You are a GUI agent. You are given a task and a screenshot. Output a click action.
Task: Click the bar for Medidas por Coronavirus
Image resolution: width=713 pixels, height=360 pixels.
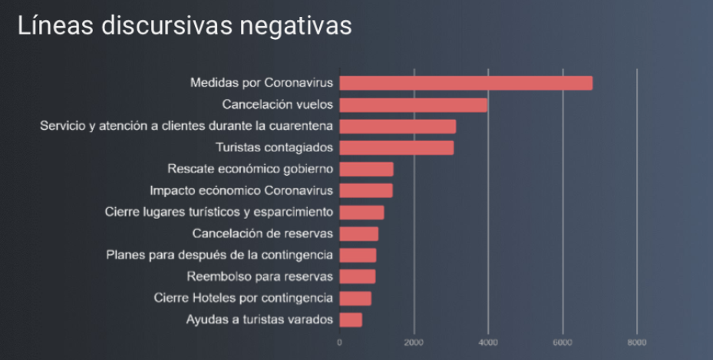pyautogui.click(x=465, y=83)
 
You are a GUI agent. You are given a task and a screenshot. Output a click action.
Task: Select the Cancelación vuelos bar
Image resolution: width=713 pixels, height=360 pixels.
pyautogui.click(x=413, y=104)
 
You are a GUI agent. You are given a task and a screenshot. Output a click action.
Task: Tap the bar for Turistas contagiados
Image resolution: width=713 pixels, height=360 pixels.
pyautogui.click(x=396, y=147)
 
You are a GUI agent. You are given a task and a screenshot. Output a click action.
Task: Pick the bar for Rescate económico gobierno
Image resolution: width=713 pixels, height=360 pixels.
pyautogui.click(x=366, y=169)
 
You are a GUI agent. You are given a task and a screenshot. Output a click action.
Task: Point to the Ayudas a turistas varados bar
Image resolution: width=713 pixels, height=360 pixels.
pyautogui.click(x=350, y=319)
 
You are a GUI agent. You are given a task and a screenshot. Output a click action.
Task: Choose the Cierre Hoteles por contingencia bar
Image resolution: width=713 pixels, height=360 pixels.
pyautogui.click(x=355, y=298)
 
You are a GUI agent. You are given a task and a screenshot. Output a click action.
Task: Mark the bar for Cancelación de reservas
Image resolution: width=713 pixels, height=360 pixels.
pyautogui.click(x=358, y=233)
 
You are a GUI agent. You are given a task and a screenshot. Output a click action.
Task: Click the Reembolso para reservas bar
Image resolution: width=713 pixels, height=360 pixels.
pyautogui.click(x=357, y=276)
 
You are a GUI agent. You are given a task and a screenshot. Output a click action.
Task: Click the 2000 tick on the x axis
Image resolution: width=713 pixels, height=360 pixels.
pyautogui.click(x=414, y=342)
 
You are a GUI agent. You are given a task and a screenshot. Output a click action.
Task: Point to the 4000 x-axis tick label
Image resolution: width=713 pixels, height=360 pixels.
pyautogui.click(x=488, y=342)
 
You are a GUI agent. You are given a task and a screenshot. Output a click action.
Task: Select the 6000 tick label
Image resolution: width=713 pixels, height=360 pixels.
pyautogui.click(x=563, y=342)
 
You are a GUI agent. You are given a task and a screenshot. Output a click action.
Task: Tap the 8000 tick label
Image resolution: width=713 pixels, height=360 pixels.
pyautogui.click(x=636, y=342)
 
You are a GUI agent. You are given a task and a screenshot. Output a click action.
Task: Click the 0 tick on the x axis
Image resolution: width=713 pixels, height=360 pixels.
pyautogui.click(x=339, y=342)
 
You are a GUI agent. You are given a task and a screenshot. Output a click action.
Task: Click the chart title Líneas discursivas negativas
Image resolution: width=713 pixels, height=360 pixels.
pyautogui.click(x=184, y=26)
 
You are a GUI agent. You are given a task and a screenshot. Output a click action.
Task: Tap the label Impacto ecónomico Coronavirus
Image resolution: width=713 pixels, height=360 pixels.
pyautogui.click(x=241, y=190)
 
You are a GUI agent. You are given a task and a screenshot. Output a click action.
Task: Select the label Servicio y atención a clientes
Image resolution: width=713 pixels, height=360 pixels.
pyautogui.click(x=187, y=126)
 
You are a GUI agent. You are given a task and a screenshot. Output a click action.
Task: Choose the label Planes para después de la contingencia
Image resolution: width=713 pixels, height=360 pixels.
pyautogui.click(x=220, y=255)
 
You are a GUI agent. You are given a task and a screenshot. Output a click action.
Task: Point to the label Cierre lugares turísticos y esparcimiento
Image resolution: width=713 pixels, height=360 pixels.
pyautogui.click(x=219, y=212)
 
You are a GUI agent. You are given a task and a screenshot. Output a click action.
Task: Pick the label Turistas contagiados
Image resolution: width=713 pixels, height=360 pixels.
pyautogui.click(x=272, y=147)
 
